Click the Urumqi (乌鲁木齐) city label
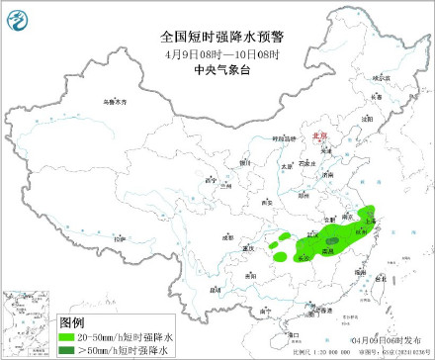(x=117, y=102)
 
